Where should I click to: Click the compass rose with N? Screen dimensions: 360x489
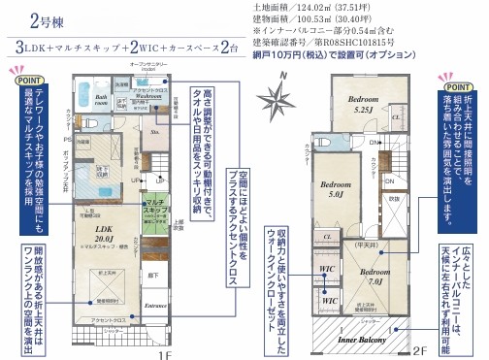(279, 100)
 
